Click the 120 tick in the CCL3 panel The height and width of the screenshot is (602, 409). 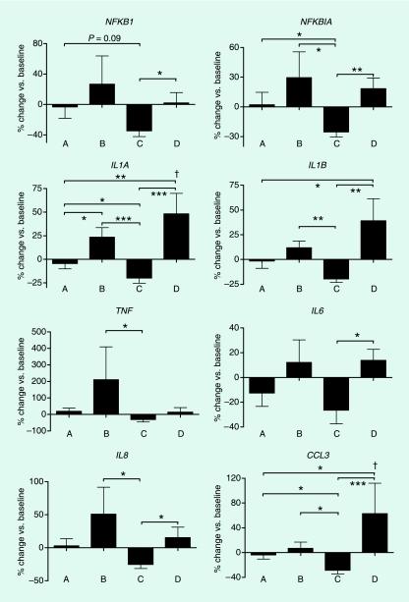click(233, 478)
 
